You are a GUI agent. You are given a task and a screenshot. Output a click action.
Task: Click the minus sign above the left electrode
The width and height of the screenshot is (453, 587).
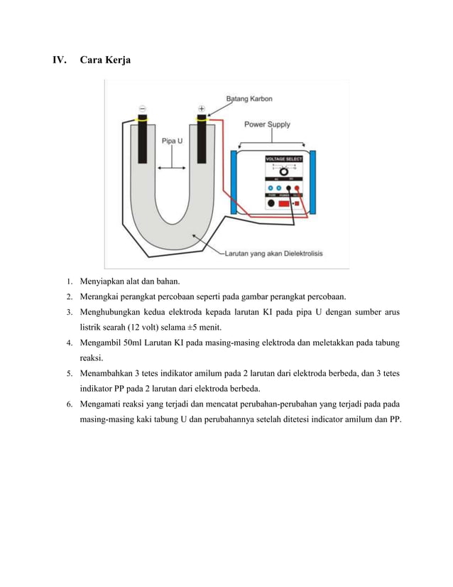click(x=143, y=109)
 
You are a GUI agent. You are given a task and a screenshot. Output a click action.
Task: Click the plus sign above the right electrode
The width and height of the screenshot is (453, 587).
click(x=202, y=109)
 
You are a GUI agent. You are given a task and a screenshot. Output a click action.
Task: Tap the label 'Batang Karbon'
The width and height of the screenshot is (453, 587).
click(x=249, y=98)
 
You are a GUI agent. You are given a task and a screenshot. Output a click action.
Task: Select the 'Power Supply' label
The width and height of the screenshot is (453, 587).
click(x=267, y=124)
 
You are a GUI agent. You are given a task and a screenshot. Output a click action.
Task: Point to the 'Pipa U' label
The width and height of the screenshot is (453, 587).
click(x=172, y=141)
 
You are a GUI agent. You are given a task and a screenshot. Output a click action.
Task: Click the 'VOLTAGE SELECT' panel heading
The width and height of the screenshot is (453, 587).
click(x=283, y=158)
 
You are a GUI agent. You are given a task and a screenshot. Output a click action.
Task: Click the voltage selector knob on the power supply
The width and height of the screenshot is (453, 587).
click(x=283, y=172)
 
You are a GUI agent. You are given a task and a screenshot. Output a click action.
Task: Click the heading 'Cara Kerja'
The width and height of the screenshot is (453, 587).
click(x=104, y=60)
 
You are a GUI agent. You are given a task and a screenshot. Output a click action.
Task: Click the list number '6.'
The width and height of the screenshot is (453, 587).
click(x=70, y=404)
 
